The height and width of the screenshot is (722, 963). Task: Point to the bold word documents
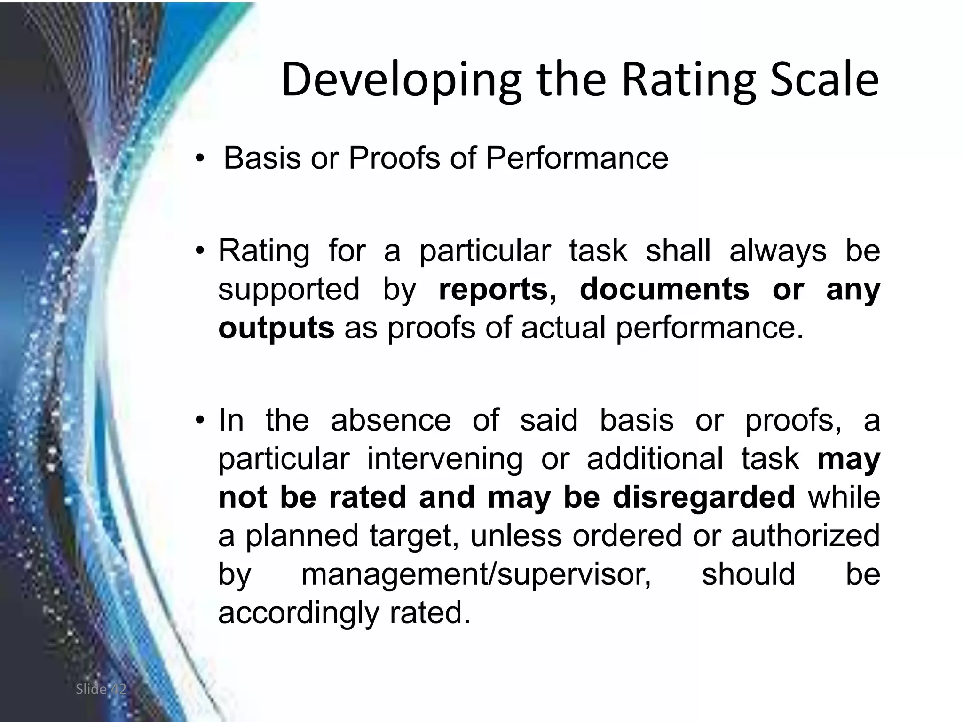pos(664,289)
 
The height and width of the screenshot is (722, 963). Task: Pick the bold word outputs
pos(276,328)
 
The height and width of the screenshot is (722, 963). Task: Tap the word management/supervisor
pos(476,574)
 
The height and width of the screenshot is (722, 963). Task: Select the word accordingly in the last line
pos(298,613)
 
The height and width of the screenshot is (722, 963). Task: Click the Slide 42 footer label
pos(101,689)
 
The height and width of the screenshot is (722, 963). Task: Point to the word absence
pos(390,420)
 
